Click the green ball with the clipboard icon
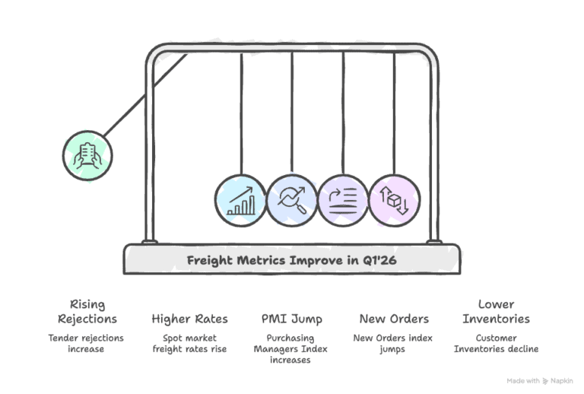87,156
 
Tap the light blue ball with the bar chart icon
241,200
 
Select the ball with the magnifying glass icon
292,200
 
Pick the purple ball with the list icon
343,200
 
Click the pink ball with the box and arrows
395,200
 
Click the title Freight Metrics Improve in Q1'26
292,260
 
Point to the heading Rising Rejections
87,312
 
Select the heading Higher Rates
189,319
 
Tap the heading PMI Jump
292,319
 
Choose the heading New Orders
394,319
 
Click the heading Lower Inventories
496,312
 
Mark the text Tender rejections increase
86,343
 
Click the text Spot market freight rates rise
189,344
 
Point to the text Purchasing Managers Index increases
290,349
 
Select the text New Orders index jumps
393,344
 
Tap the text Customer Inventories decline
496,343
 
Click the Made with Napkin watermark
540,381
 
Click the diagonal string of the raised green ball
146,95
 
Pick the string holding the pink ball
394,113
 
